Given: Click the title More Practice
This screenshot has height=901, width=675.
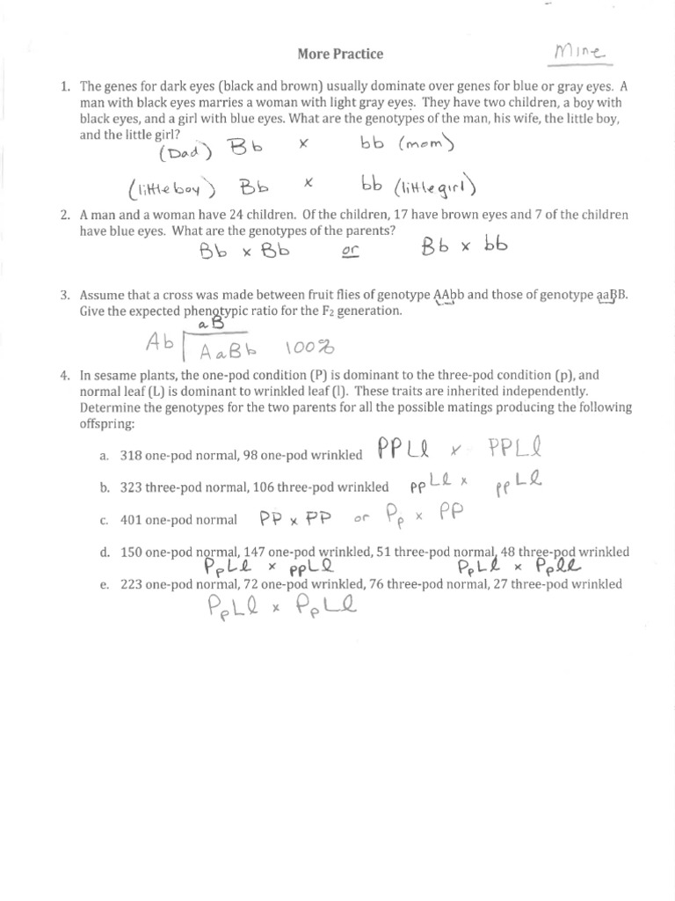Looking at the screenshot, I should pyautogui.click(x=341, y=54).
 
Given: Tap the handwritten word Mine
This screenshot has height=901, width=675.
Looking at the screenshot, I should pyautogui.click(x=576, y=54).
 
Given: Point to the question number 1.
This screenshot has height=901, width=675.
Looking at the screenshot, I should pyautogui.click(x=65, y=87).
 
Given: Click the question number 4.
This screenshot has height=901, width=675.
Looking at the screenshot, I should pyautogui.click(x=65, y=375).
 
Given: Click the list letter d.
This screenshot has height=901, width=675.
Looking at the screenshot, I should pyautogui.click(x=104, y=552).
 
